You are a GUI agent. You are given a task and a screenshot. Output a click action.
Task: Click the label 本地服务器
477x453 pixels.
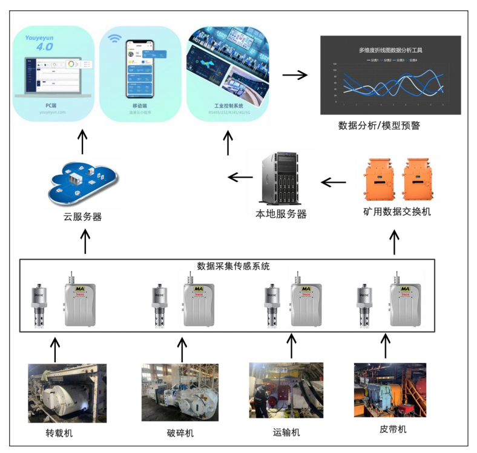[281, 214]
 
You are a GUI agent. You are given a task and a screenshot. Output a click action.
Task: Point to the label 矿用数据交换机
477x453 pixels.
[397, 212]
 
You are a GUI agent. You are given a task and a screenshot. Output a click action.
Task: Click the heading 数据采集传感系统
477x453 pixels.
[234, 266]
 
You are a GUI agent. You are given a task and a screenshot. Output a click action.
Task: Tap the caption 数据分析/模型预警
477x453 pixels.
[379, 126]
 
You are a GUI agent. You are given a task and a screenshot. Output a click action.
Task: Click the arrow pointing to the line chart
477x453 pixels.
[294, 76]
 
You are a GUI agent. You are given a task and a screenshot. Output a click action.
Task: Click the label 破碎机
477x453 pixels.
[180, 432]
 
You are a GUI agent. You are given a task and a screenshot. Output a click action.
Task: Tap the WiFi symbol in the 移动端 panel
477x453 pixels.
[114, 39]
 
